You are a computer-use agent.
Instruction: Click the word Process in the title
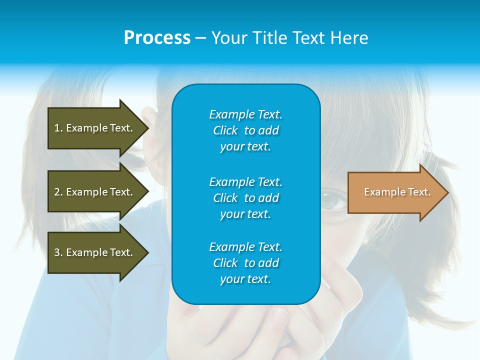tap(157, 38)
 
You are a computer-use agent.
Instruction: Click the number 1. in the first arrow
tap(58, 128)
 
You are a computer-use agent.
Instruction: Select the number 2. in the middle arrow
tap(58, 192)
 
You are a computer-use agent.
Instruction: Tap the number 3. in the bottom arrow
tap(58, 252)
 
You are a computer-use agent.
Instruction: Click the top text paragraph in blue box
tap(245, 130)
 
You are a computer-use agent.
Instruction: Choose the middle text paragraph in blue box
tap(245, 198)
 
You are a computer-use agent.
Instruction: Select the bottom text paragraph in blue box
tap(245, 263)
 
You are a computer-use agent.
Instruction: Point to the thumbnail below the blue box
tap(280, 318)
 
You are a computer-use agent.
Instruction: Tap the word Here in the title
tap(349, 38)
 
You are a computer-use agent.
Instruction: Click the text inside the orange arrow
tap(397, 192)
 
